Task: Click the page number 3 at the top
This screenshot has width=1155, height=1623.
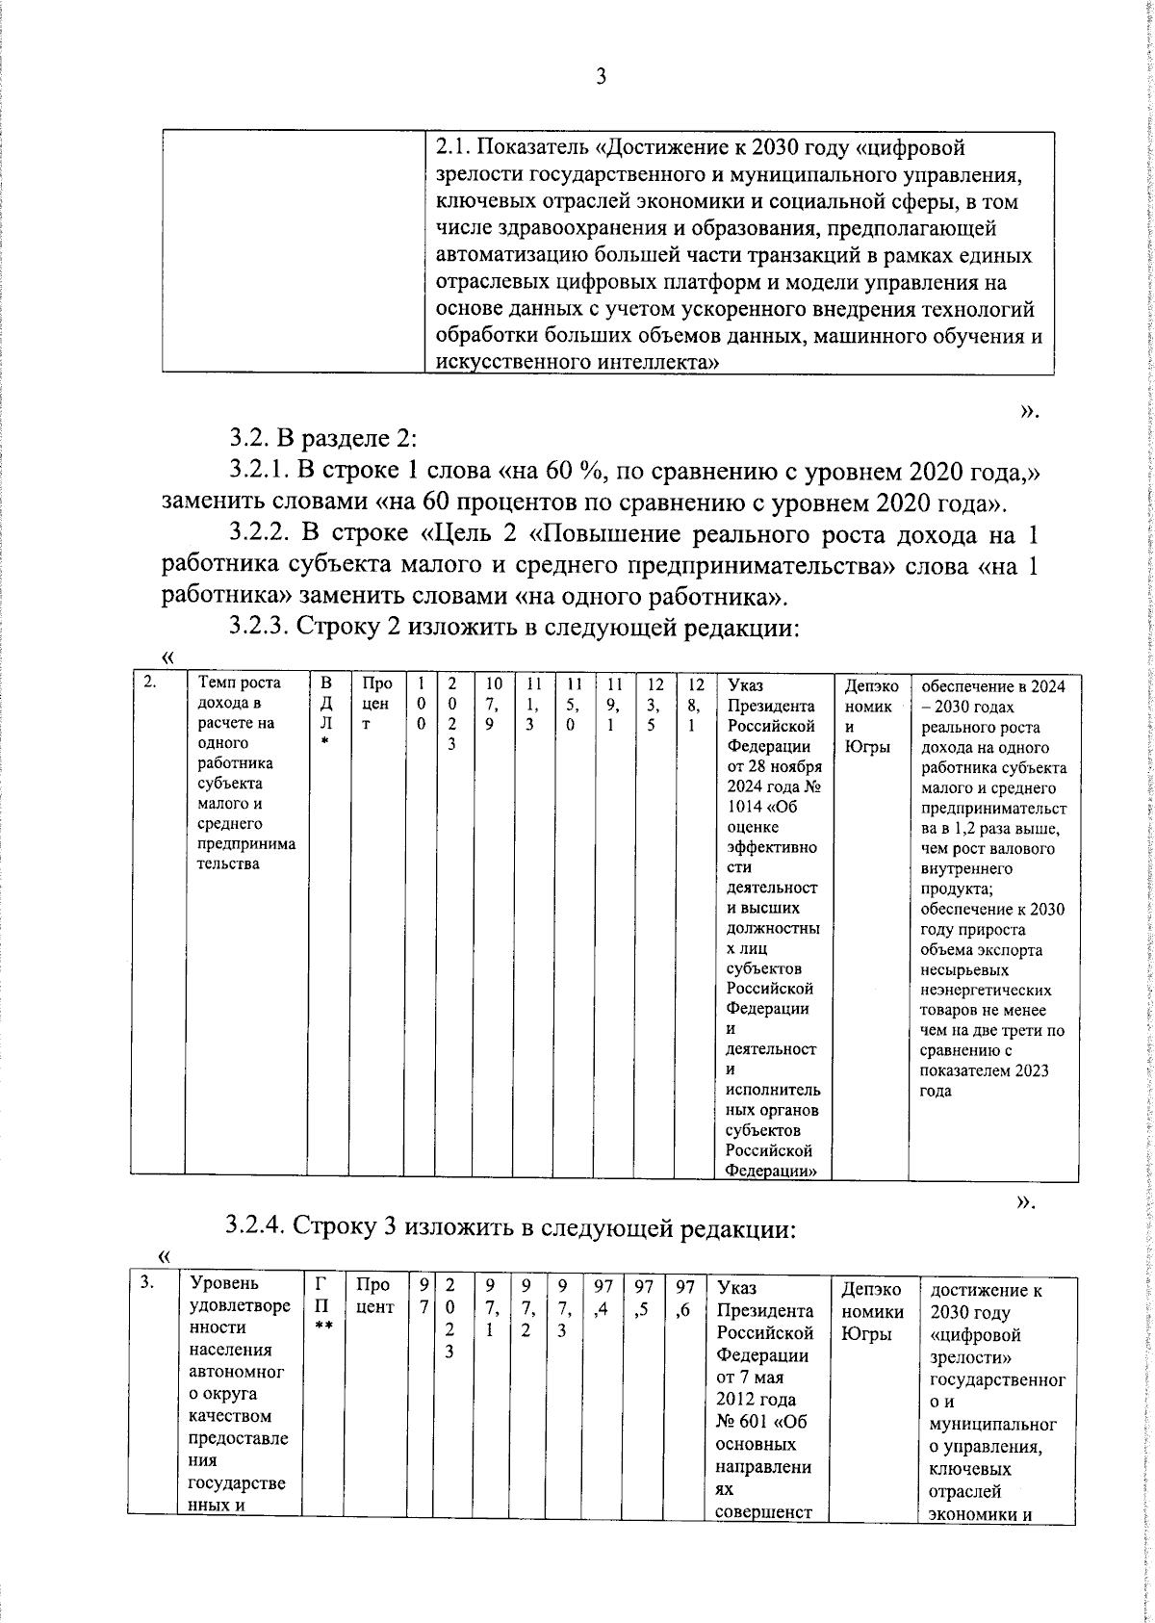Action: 601,78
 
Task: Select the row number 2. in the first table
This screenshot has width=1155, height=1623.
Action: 150,683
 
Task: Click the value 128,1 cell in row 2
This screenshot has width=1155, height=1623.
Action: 696,704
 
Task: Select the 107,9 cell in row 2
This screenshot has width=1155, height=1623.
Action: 493,704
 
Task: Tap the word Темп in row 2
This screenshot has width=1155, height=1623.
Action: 217,683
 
